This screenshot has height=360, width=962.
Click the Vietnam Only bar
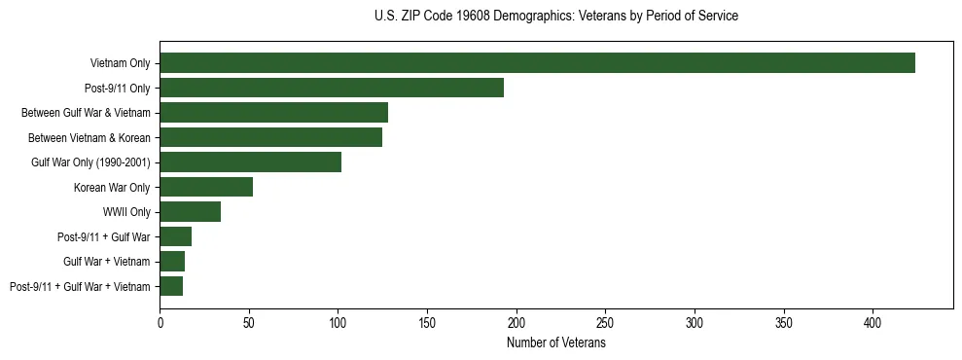(537, 63)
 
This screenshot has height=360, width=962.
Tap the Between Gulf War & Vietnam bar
(273, 113)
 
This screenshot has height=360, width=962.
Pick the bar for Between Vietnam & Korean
(270, 137)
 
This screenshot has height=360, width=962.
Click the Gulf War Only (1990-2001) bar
(250, 162)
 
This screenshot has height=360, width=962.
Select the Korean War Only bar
(206, 187)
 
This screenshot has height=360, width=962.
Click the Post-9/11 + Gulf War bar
(176, 236)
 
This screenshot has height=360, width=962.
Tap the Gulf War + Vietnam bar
(172, 262)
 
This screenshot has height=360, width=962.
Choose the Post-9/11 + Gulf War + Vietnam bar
(171, 286)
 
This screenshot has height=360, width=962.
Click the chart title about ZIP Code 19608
(555, 17)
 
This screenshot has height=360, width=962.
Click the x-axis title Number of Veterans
(555, 343)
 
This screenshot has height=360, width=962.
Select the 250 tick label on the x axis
(605, 321)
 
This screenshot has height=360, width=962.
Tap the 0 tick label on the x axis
(160, 321)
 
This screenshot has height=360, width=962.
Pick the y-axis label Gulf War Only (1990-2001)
(90, 162)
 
